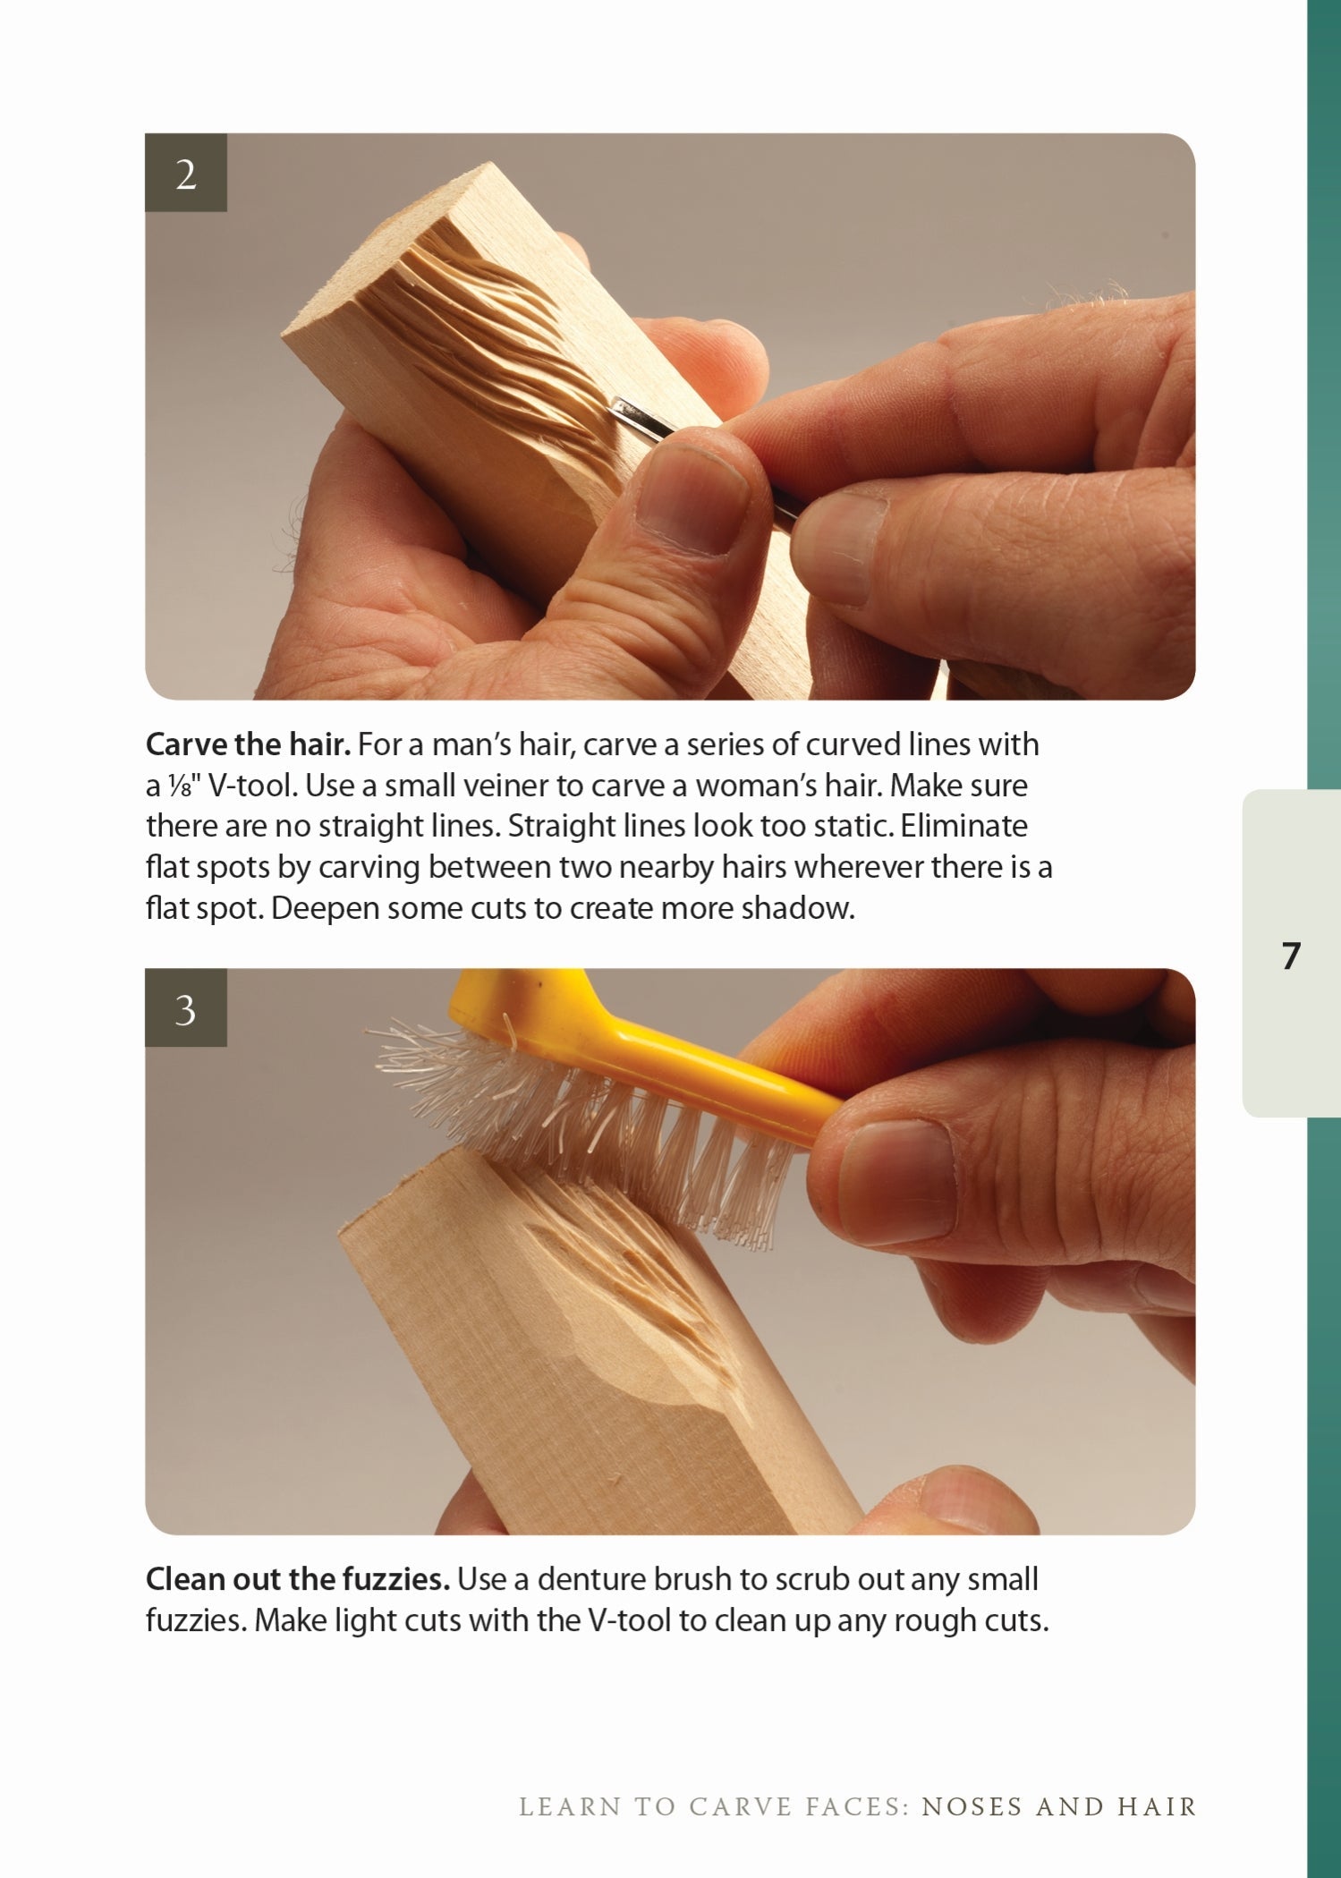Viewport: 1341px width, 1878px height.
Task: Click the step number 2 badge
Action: pyautogui.click(x=186, y=174)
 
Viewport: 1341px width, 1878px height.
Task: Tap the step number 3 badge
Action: pyautogui.click(x=186, y=1009)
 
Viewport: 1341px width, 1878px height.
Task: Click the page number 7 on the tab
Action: pyautogui.click(x=1290, y=956)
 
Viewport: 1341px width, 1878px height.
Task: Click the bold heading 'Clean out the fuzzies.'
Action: pyautogui.click(x=297, y=1579)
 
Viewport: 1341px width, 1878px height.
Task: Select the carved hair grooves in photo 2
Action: pyautogui.click(x=483, y=340)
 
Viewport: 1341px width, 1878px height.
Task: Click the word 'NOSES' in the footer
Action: pyautogui.click(x=972, y=1806)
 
